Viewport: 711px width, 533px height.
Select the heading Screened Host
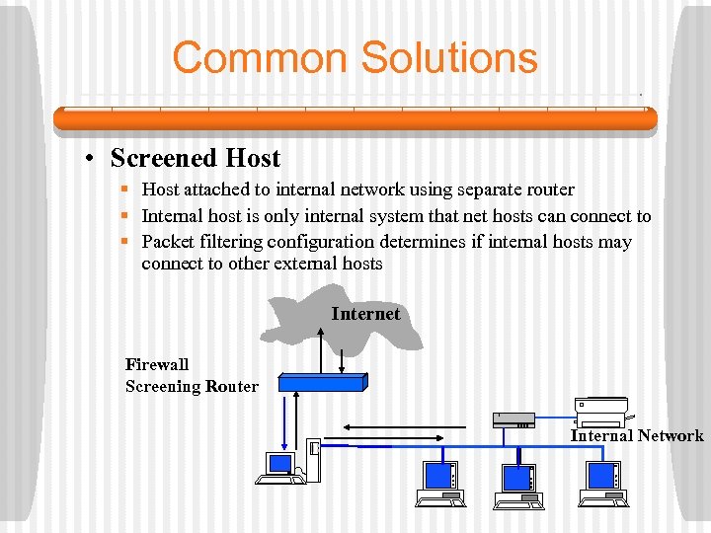pyautogui.click(x=196, y=158)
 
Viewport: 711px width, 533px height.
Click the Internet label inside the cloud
pyautogui.click(x=365, y=314)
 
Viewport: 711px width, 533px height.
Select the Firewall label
pyautogui.click(x=157, y=364)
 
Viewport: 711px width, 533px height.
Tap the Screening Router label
pyautogui.click(x=192, y=386)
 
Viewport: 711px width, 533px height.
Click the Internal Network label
pyautogui.click(x=637, y=435)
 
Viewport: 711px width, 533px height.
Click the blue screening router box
pyautogui.click(x=322, y=381)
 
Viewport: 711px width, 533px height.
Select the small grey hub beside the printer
pyautogui.click(x=514, y=419)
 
